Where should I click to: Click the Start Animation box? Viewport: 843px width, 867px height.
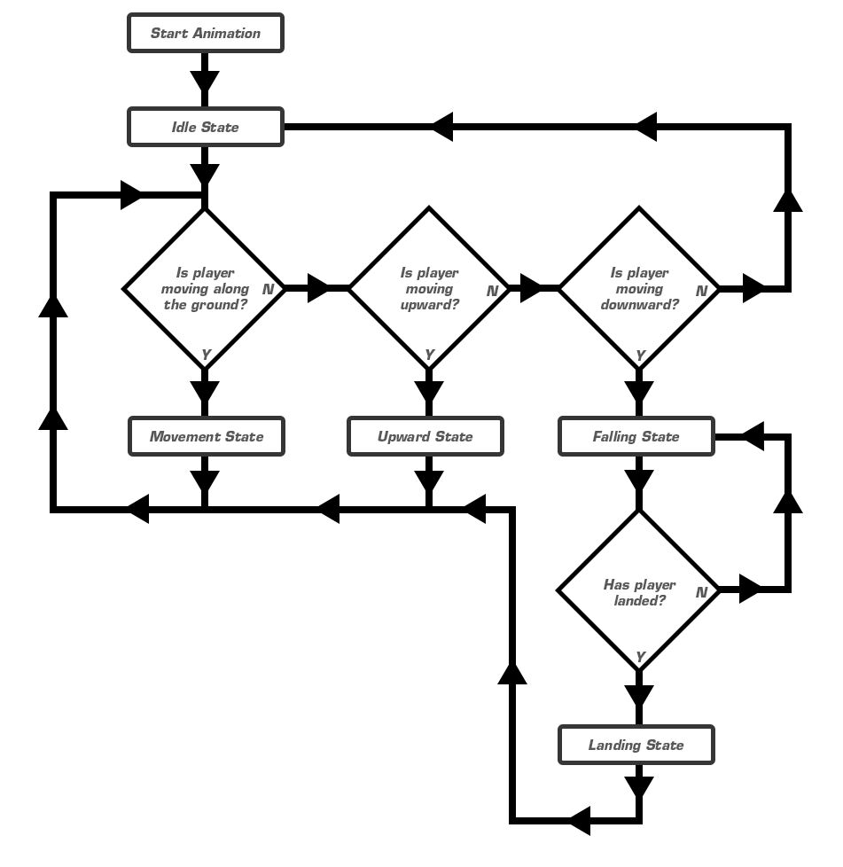click(x=206, y=34)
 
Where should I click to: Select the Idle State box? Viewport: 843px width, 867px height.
click(x=206, y=128)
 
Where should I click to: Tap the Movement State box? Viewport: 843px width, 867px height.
click(x=206, y=437)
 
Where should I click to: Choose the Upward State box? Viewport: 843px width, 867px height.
click(x=425, y=437)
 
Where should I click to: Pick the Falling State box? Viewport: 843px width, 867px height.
click(x=636, y=437)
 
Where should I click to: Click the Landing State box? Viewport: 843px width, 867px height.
click(x=636, y=745)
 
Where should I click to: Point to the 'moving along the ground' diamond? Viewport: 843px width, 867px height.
click(x=205, y=289)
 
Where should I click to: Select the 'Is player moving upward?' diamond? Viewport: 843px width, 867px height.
click(x=429, y=289)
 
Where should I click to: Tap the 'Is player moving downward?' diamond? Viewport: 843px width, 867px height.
click(x=639, y=289)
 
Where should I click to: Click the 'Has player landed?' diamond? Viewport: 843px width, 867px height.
click(x=638, y=591)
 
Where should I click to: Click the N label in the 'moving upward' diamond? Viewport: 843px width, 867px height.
click(x=492, y=291)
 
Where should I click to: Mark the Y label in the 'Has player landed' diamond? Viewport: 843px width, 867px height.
click(x=639, y=657)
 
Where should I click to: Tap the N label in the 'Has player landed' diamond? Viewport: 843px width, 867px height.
click(x=701, y=592)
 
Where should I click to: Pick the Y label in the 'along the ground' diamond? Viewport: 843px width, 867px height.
click(x=206, y=355)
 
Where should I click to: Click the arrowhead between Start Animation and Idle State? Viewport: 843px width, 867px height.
click(x=205, y=82)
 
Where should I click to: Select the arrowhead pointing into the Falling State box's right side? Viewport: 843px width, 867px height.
click(x=751, y=435)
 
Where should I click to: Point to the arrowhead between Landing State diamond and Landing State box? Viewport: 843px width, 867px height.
click(x=638, y=695)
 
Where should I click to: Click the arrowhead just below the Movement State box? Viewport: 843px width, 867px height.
click(x=205, y=481)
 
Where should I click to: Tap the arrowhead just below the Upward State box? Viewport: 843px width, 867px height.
click(x=429, y=481)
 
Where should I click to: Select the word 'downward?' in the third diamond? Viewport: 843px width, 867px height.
click(x=639, y=305)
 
